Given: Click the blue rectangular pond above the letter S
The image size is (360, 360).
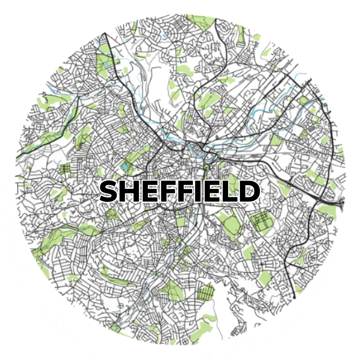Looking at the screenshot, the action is pyautogui.click(x=126, y=166).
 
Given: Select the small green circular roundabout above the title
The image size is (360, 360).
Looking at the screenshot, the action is pyautogui.click(x=206, y=166).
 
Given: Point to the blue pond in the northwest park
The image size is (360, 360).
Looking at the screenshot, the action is pyautogui.click(x=108, y=62).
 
